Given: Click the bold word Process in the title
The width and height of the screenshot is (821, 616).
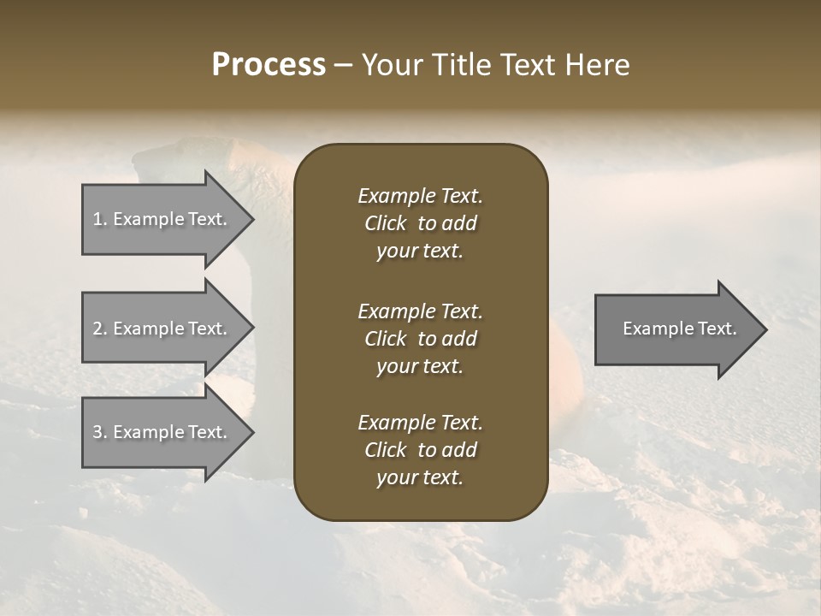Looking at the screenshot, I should click(269, 65).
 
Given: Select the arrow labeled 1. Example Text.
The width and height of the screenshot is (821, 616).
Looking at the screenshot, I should click(162, 219).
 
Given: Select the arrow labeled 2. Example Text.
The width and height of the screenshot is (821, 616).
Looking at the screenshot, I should click(162, 329).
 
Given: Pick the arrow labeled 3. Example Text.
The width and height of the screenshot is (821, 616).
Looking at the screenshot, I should click(162, 432).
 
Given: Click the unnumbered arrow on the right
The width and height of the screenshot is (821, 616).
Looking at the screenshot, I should click(676, 329).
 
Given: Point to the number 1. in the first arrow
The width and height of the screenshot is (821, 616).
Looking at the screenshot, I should click(100, 219).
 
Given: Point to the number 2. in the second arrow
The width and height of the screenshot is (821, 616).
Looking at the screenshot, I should click(100, 329).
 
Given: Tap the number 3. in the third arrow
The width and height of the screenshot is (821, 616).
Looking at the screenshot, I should click(100, 432).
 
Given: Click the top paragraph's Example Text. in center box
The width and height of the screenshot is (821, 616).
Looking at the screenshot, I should click(420, 196).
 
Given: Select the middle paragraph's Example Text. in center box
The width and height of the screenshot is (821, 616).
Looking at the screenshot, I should click(420, 311).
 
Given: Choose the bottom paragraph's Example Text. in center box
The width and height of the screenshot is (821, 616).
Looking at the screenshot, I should click(420, 423).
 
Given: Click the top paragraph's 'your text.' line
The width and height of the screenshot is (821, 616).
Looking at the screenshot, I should click(419, 252).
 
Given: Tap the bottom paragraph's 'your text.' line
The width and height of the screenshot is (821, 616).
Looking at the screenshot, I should click(419, 478).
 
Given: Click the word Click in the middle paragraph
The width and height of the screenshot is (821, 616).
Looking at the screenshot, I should click(385, 339).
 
